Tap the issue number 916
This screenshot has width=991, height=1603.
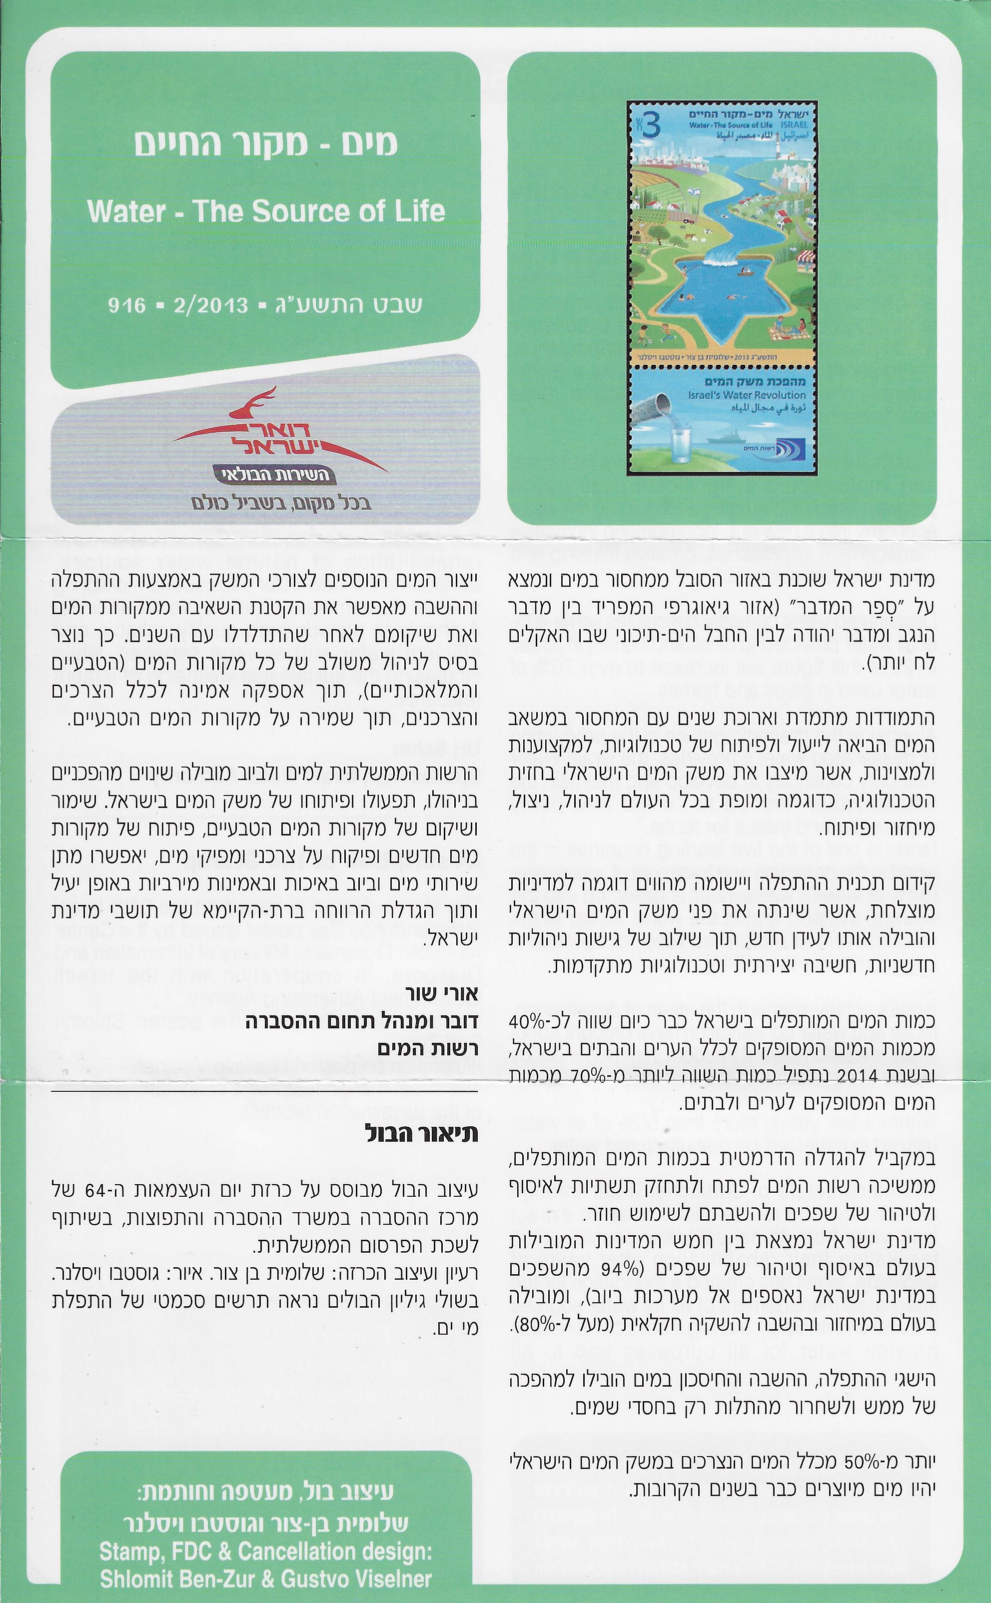[x=127, y=305]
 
